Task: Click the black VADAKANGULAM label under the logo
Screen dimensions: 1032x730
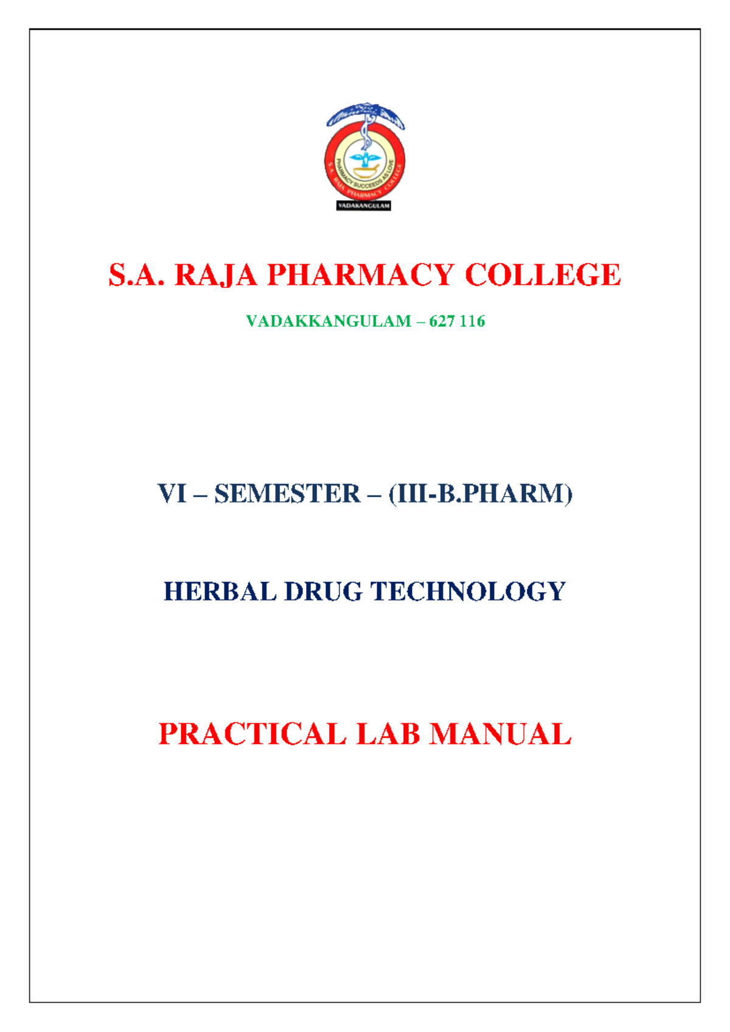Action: point(363,206)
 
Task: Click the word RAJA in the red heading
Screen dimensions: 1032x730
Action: point(216,275)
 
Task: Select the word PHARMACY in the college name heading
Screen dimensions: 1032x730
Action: point(361,275)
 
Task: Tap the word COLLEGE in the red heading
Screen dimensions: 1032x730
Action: point(543,275)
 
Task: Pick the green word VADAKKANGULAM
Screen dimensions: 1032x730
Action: point(328,321)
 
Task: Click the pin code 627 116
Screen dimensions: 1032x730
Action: point(457,321)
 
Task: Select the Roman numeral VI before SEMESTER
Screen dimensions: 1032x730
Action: point(172,493)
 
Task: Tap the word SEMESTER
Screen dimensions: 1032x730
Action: point(287,493)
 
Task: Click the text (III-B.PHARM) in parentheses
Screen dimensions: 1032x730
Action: point(481,493)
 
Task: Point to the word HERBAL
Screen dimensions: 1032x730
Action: point(220,591)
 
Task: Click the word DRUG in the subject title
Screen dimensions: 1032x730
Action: point(323,591)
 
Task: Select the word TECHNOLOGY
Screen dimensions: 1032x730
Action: point(468,591)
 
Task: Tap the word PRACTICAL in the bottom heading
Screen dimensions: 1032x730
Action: point(252,734)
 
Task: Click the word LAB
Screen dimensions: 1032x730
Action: point(388,734)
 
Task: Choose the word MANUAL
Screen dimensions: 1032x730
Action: point(501,734)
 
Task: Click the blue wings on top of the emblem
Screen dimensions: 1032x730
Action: point(365,114)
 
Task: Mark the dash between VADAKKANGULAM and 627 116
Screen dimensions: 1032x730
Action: point(420,321)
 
